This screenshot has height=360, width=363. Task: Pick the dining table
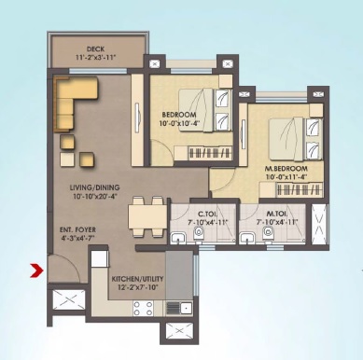142,215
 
